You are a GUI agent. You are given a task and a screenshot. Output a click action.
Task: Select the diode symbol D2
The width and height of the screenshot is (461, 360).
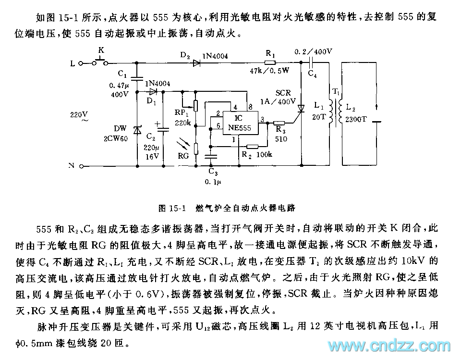point(196,62)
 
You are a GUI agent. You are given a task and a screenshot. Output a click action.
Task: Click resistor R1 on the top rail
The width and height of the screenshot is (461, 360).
point(271,62)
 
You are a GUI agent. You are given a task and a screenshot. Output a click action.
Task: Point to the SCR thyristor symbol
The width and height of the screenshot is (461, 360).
point(302,109)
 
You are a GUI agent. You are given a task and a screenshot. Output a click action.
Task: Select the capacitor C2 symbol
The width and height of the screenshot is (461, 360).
point(163,129)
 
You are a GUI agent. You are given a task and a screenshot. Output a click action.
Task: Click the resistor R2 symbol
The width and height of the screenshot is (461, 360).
point(252,147)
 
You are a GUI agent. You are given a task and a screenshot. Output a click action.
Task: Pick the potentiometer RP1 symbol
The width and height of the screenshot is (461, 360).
point(196,105)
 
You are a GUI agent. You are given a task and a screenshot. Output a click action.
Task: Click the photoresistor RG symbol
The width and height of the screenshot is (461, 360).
point(196,146)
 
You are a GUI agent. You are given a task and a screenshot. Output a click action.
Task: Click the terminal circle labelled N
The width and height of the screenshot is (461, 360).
point(82,166)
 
